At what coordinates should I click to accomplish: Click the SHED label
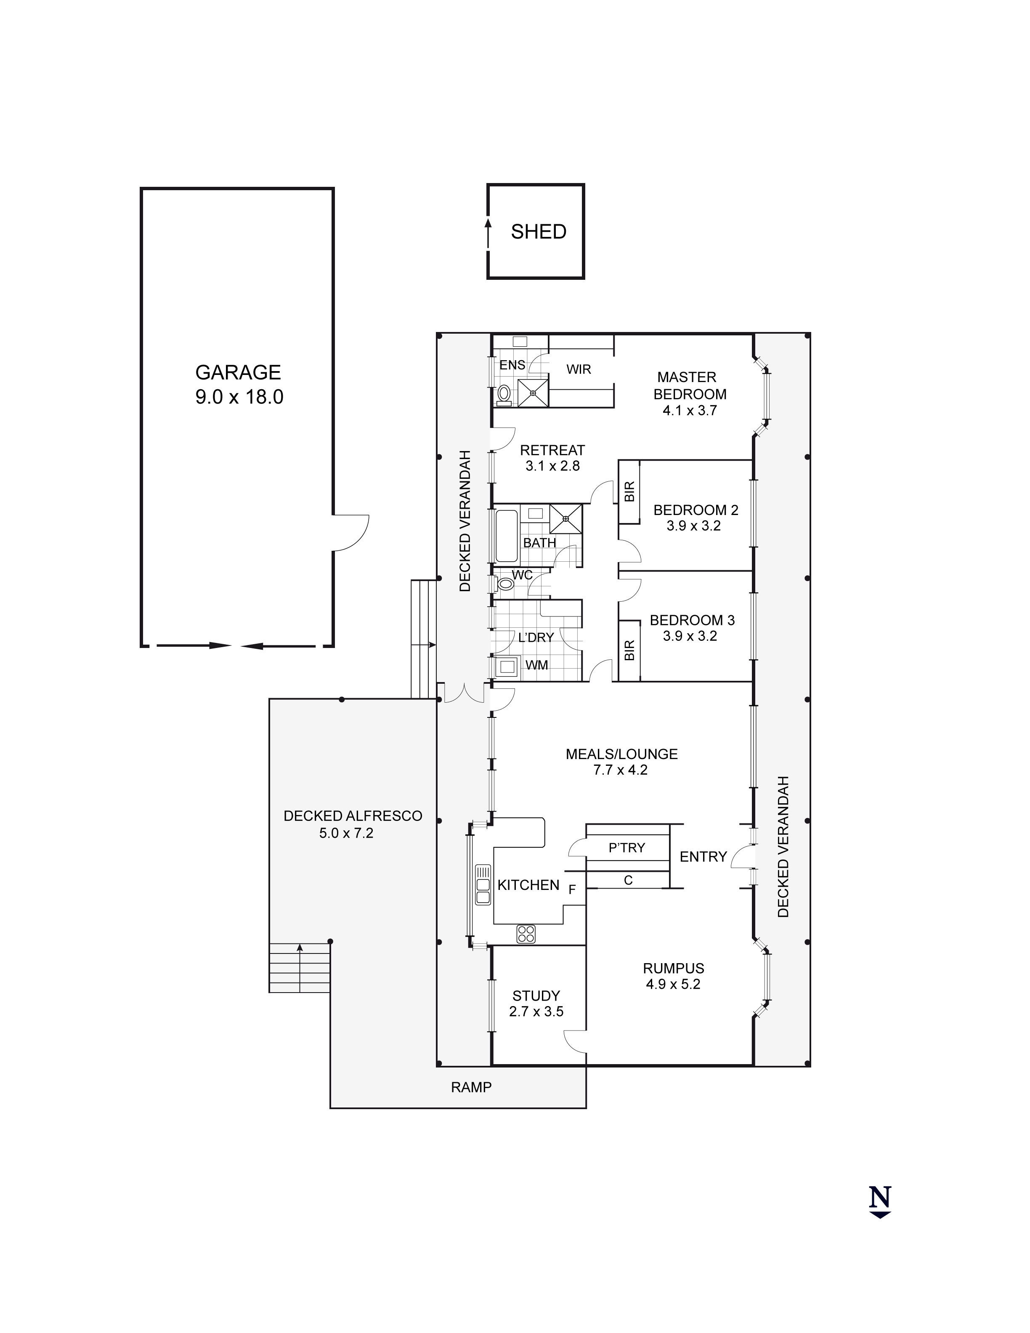(x=538, y=232)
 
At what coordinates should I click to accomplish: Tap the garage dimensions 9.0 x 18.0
(x=239, y=397)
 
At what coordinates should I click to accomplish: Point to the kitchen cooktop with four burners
(x=526, y=933)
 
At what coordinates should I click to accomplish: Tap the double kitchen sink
(x=483, y=885)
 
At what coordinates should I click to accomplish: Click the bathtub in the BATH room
(x=506, y=536)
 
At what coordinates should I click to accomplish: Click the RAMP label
(x=471, y=1087)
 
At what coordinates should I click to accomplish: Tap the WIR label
(x=579, y=369)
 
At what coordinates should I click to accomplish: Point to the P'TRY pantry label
(x=626, y=848)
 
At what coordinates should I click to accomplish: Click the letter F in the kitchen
(x=572, y=890)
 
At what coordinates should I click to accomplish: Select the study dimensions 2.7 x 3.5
(x=536, y=1012)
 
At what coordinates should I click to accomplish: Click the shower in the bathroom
(x=565, y=519)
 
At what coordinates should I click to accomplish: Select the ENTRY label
(x=703, y=857)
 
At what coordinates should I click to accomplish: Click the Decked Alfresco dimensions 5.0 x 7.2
(x=346, y=833)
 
